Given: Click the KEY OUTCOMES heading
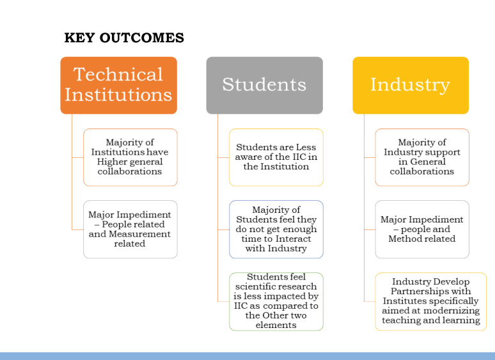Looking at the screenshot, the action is coord(124,38).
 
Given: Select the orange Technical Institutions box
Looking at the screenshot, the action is coord(119,85).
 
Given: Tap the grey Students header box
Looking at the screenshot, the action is coord(265,85).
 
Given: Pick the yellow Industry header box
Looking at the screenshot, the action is coord(411,85).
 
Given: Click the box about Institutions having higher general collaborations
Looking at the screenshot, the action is coord(130,157).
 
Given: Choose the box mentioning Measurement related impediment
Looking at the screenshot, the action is coord(130,230).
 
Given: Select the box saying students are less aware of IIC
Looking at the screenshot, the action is coord(276,157).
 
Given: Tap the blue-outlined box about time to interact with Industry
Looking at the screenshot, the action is coord(276,230).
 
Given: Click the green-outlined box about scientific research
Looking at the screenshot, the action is coord(276,302).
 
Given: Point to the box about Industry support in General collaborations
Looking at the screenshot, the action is coord(422,157).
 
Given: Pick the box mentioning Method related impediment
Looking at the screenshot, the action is coord(422,230).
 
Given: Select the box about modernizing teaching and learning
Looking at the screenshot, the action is coord(431,302).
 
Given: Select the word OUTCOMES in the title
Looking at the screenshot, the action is coord(142,38).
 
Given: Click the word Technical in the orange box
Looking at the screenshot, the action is coord(118,74).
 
